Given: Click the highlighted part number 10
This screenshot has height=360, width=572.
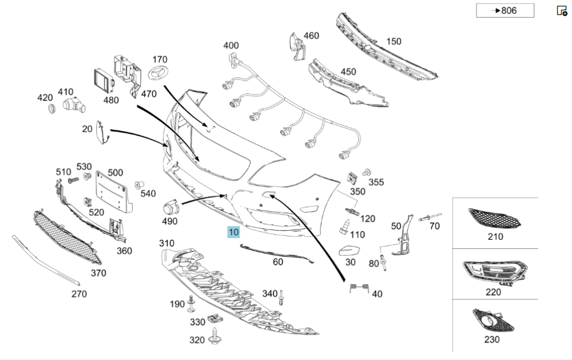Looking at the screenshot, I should (x=233, y=232).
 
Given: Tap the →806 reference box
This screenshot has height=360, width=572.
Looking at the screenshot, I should (x=505, y=10).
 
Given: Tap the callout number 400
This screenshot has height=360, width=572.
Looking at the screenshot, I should (x=231, y=45).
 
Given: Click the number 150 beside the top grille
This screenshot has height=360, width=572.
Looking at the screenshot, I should (x=394, y=41).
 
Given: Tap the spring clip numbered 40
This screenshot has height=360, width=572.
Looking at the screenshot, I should (x=357, y=288).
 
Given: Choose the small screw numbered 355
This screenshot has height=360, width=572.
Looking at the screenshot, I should (x=368, y=172).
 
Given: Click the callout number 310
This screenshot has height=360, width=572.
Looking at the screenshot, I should (x=166, y=243).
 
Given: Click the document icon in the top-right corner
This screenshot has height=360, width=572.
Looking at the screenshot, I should (x=561, y=10).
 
